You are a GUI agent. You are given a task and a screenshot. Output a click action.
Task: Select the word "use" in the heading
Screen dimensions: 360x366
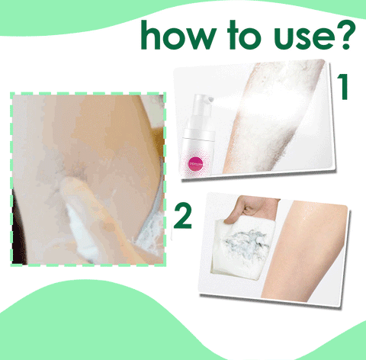(296, 38)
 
